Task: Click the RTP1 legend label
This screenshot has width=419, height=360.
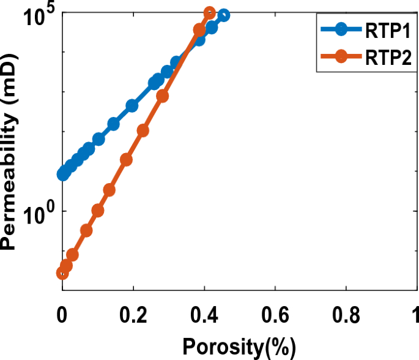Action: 384,31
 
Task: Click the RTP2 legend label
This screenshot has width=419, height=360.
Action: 384,58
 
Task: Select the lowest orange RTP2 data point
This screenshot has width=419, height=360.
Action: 62,273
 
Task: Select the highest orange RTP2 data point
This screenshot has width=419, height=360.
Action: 209,13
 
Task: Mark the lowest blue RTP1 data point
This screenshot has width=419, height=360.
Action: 62,174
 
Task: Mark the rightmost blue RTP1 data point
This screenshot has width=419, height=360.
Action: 223,15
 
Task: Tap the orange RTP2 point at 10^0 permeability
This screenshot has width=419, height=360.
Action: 97,211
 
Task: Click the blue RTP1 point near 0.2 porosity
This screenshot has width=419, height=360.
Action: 132,106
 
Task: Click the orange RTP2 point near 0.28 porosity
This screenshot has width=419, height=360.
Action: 162,96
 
